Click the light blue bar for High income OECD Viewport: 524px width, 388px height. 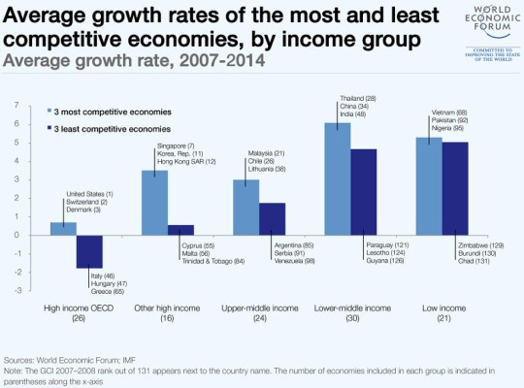tap(63, 228)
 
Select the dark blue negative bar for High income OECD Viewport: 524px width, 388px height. tap(89, 250)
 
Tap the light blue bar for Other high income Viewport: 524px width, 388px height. tap(155, 202)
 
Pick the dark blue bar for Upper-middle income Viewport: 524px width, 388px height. tap(273, 218)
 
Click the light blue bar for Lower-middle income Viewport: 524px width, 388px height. tap(338, 178)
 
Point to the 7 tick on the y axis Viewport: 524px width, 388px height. tap(16, 105)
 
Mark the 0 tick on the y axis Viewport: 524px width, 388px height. tap(16, 235)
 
